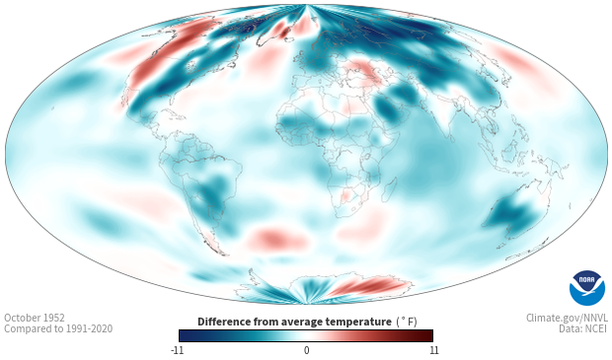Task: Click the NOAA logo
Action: pos(587,288)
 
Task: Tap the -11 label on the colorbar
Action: pos(177,350)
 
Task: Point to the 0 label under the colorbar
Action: pos(306,350)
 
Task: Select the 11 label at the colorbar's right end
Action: pos(433,350)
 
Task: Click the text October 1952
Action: pos(35,318)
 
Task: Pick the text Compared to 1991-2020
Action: pos(58,328)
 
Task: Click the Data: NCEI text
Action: pos(583,328)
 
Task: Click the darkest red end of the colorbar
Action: pos(429,335)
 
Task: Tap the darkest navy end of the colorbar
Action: pos(183,335)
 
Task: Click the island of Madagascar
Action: pos(390,188)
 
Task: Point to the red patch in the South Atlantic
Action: pos(276,238)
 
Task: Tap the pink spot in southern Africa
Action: pos(345,195)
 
